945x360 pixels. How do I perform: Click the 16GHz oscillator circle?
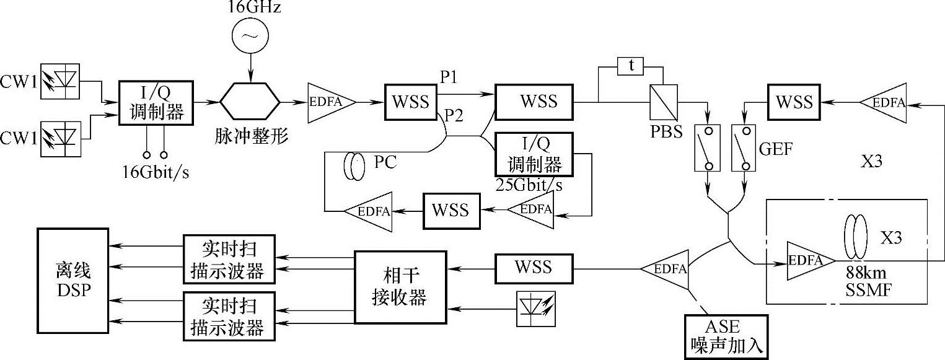point(249,38)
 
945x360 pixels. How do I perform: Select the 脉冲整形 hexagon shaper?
point(250,101)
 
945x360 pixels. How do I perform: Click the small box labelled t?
point(631,66)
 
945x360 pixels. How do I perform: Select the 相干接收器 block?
point(400,286)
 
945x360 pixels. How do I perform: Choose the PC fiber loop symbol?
point(354,169)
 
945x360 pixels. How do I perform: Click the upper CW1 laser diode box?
point(59,81)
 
